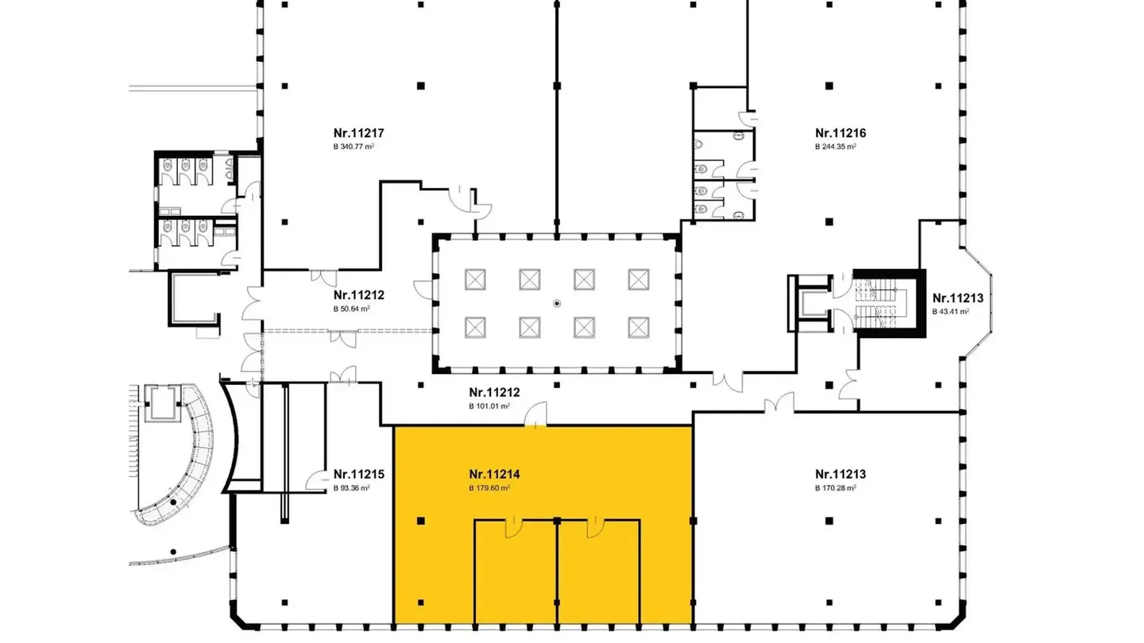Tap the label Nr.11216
click(x=840, y=133)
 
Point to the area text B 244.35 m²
click(x=835, y=147)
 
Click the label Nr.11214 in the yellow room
click(x=494, y=475)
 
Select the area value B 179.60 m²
click(x=489, y=488)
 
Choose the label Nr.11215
click(x=359, y=475)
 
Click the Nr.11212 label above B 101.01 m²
click(x=494, y=392)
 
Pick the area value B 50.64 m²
click(x=352, y=308)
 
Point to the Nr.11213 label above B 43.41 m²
click(x=957, y=298)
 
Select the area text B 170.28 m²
click(x=835, y=488)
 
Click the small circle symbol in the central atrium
click(x=557, y=302)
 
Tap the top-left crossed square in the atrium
click(x=475, y=279)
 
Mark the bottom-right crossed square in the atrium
click(x=639, y=326)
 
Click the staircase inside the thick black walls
click(x=880, y=304)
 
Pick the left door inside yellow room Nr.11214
click(x=513, y=527)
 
